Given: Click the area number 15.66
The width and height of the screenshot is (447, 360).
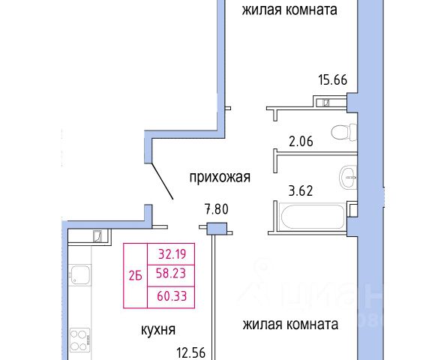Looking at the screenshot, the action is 333,79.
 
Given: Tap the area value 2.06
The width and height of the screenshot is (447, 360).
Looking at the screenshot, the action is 301,142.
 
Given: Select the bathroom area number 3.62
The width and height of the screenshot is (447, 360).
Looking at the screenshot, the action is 301,190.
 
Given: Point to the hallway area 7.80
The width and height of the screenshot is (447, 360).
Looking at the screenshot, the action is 217,209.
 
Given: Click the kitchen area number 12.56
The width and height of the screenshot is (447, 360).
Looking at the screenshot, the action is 191,352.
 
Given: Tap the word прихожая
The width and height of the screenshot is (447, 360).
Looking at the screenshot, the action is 220,177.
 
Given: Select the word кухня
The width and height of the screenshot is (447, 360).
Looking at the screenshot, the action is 158,330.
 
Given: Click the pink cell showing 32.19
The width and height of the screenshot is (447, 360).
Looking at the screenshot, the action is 171,254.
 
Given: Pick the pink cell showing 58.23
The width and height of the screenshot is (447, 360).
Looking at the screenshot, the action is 171,275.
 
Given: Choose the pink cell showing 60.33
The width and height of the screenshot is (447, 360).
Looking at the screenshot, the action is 171,297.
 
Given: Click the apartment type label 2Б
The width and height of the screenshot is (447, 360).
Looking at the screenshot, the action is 136,276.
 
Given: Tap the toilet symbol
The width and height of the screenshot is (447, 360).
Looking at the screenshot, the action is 344,132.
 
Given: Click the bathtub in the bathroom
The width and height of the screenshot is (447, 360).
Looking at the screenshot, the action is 313,216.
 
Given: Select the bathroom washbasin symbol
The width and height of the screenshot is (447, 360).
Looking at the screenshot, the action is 348,177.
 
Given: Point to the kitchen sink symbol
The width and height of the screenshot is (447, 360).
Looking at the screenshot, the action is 80,274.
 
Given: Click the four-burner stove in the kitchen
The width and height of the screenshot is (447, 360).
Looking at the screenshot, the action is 79,340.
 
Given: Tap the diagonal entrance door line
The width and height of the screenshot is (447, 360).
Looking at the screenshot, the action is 162,181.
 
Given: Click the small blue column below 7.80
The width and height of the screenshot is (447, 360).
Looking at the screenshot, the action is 217,229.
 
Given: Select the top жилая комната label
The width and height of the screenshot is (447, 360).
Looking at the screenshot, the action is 289,10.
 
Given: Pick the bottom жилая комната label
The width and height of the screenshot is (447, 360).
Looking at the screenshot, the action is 290,324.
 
